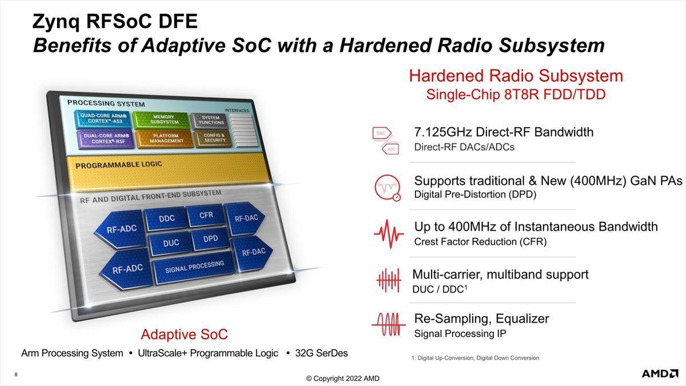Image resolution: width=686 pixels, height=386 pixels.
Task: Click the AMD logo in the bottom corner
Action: [660, 373]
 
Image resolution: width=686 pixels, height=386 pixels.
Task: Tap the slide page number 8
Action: [16, 375]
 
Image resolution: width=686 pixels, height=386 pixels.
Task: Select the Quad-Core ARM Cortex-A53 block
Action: [103, 119]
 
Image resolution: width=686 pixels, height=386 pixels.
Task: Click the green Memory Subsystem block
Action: [162, 120]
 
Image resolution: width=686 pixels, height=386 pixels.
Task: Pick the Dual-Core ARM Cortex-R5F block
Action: [106, 139]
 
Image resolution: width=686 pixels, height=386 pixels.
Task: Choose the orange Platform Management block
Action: [165, 139]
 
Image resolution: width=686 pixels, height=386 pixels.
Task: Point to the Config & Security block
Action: [214, 138]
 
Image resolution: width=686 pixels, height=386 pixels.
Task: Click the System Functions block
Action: [210, 120]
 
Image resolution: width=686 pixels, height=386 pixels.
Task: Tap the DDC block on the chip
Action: [166, 218]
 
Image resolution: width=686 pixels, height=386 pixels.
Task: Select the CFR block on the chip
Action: [206, 216]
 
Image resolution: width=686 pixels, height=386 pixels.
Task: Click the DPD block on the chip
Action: [210, 238]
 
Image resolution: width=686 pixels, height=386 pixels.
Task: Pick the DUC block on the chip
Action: [170, 243]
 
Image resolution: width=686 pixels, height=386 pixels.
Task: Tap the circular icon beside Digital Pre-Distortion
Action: [388, 188]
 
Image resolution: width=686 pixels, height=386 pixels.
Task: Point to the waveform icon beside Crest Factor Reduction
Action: [389, 234]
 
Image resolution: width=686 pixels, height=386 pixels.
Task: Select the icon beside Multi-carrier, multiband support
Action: [389, 280]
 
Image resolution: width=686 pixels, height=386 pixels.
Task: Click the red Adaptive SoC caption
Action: [184, 334]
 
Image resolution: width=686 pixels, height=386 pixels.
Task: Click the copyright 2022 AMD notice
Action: [342, 379]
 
